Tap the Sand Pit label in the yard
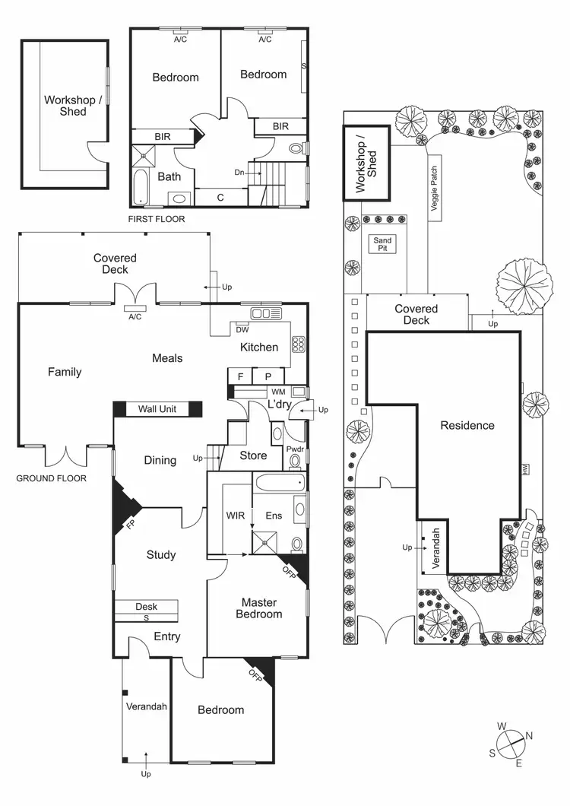382,243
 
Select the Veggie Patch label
435,188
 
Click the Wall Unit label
157,409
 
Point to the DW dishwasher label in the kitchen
242,329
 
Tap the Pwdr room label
294,449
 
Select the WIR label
234,516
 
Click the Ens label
274,516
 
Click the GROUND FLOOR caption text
52,479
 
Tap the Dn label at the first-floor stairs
239,173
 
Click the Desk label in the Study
146,607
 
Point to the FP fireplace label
131,525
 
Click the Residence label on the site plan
467,426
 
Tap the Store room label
253,455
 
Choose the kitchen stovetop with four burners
298,344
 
